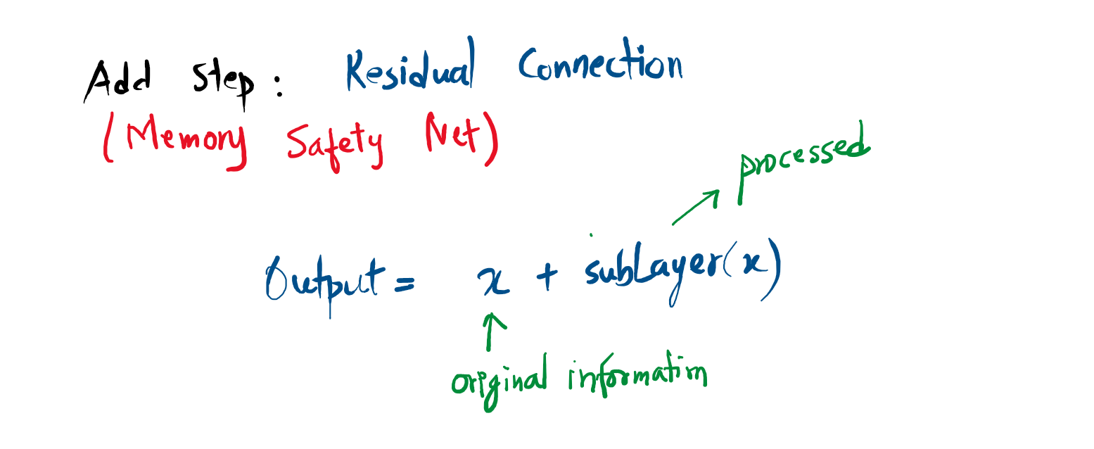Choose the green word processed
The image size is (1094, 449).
click(x=802, y=162)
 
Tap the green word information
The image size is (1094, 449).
click(x=637, y=375)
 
